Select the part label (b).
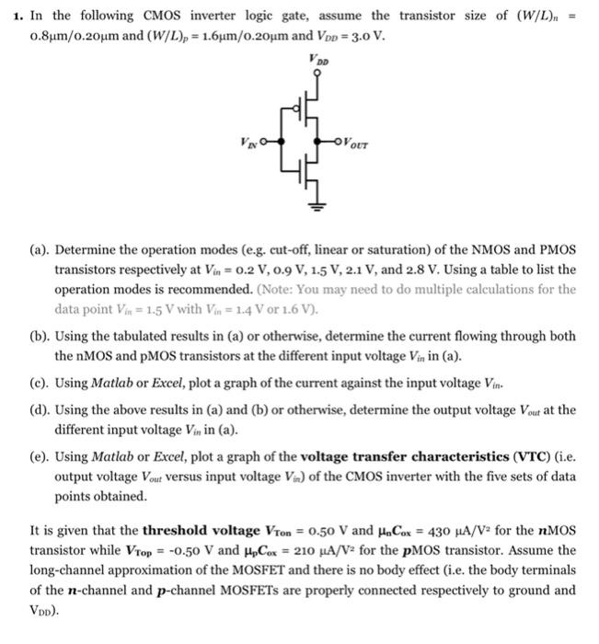click(40, 338)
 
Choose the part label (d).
click(40, 410)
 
